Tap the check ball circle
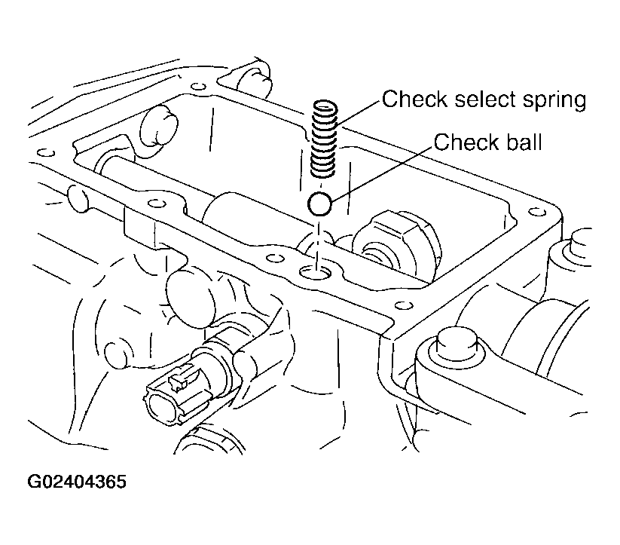click(x=319, y=203)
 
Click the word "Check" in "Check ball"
click(x=461, y=142)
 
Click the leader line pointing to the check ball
click(x=380, y=170)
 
